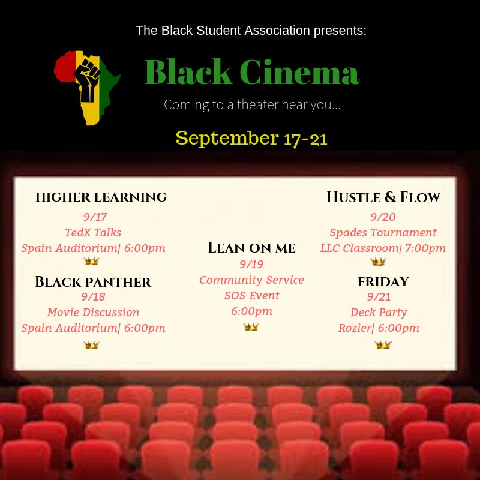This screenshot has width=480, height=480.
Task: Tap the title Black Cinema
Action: (252, 73)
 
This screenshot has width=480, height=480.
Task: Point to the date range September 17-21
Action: (251, 138)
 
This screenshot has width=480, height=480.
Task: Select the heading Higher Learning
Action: (101, 197)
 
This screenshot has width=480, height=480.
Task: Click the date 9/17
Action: (95, 217)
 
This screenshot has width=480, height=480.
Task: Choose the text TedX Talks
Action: (93, 233)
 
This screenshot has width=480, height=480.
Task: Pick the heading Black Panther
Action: (93, 281)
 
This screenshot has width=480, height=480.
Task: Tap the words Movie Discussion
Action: (93, 313)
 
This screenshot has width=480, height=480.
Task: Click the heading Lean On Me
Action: (252, 247)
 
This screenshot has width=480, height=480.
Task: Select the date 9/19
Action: (251, 264)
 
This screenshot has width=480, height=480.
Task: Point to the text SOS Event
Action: (251, 295)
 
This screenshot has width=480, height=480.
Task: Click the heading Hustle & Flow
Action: (383, 197)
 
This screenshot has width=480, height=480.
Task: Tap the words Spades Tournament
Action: (383, 233)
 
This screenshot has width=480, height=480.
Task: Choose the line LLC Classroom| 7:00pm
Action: (383, 248)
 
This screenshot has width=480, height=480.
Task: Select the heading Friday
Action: (383, 281)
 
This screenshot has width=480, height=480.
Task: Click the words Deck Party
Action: (379, 313)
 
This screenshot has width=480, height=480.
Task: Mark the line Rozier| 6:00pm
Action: (379, 328)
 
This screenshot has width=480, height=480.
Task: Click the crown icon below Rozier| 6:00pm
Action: (382, 345)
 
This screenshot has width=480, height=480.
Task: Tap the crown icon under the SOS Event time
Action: (251, 327)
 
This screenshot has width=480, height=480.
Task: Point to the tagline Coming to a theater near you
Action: (252, 105)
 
